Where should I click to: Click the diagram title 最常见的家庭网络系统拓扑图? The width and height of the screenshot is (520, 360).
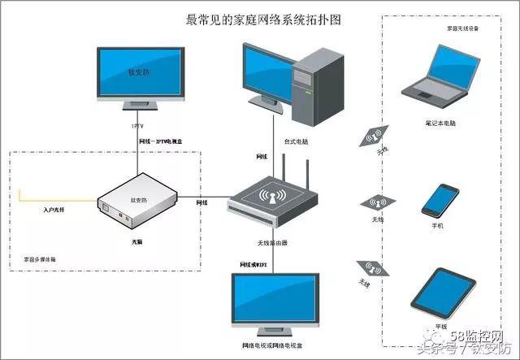259,20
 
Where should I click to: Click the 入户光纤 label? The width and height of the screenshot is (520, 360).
58,210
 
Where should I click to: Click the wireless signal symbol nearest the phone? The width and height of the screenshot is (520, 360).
376,202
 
